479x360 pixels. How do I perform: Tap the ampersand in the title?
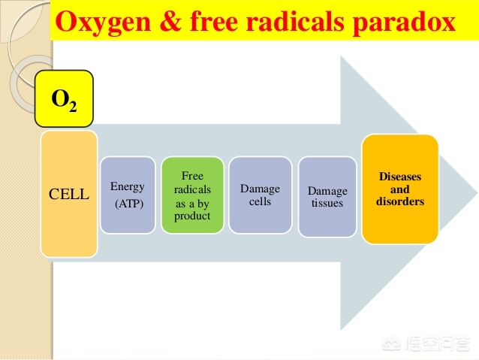(170, 22)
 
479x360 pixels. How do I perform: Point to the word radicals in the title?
(295, 21)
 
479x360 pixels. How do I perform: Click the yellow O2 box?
(64, 98)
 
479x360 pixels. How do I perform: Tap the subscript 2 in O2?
(73, 107)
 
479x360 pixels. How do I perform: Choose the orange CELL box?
(69, 194)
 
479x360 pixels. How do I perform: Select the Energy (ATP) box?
(128, 195)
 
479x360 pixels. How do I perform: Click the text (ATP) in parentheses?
(129, 204)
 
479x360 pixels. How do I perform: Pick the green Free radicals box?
(192, 195)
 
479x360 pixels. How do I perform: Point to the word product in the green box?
(192, 216)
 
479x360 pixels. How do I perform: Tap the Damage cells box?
(260, 195)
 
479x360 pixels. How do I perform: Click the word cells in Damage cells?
(260, 201)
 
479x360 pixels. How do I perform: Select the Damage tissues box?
(327, 197)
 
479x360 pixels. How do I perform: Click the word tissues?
(327, 203)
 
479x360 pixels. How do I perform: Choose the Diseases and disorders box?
(400, 189)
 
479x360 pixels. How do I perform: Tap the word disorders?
(400, 201)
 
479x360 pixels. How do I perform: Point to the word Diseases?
(400, 177)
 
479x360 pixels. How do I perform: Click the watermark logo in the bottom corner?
(392, 343)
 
